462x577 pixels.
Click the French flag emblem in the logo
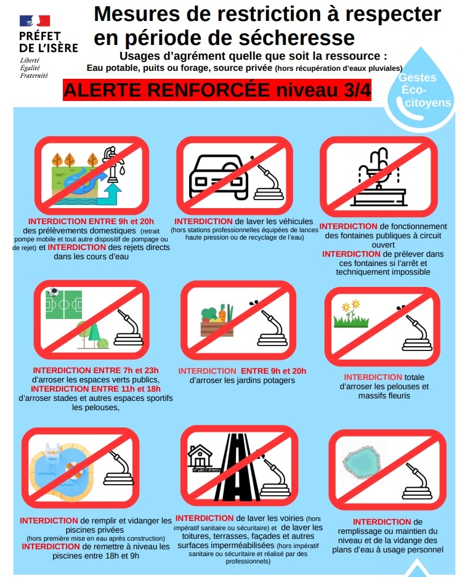point(34,21)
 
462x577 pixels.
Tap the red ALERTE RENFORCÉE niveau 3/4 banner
point(217,90)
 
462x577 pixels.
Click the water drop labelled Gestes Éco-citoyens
point(421,89)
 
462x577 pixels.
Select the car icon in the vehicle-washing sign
point(218,176)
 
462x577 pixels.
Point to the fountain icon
point(379,177)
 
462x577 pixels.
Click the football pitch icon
point(63,304)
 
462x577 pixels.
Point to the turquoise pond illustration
point(362,462)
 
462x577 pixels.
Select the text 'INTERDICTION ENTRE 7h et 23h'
point(95,370)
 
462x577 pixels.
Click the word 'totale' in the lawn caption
point(414,377)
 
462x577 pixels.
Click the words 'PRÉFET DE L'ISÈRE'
point(49,42)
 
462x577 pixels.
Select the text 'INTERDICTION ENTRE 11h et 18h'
point(95,389)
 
